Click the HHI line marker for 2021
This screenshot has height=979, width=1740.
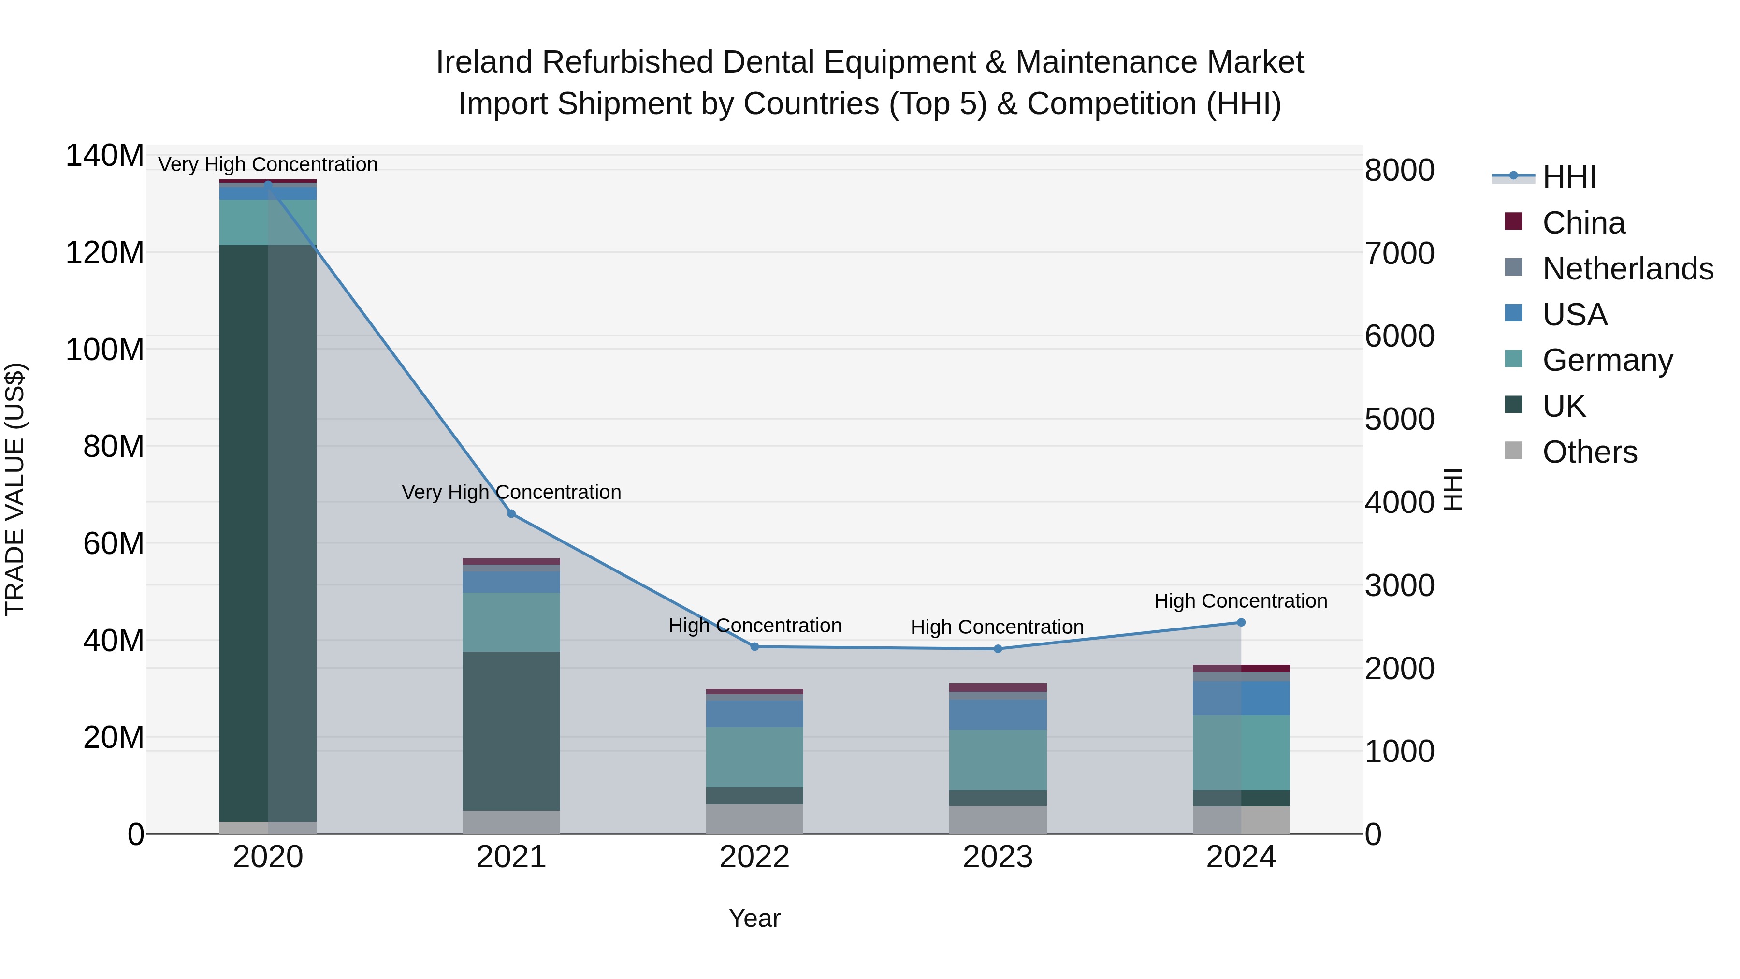click(511, 514)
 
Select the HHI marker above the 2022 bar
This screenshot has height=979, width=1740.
click(754, 646)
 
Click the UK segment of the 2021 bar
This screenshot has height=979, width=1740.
click(511, 731)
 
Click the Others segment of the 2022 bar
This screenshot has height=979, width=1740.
click(754, 819)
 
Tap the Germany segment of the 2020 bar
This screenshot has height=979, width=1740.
click(268, 222)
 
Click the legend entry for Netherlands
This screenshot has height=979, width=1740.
click(1628, 269)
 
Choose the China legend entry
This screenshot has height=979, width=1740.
click(1583, 223)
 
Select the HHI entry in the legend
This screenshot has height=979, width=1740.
click(1569, 177)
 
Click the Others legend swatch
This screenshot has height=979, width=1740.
click(1514, 451)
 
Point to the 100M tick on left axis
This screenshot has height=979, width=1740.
click(105, 350)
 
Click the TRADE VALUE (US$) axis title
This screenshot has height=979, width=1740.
click(15, 489)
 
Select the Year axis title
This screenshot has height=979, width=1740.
click(754, 918)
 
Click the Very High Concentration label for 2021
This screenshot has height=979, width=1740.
click(511, 492)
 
